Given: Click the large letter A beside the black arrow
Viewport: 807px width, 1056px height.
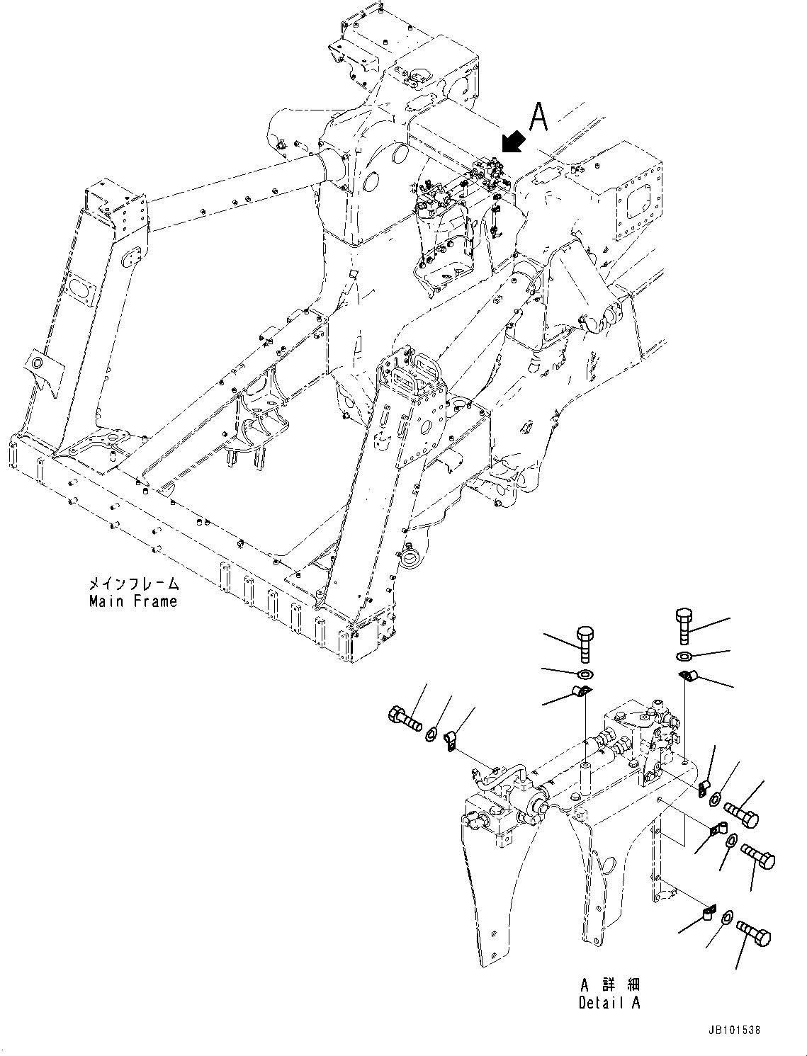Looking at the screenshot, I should (539, 118).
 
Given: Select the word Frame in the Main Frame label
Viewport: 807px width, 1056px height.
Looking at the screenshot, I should (156, 601).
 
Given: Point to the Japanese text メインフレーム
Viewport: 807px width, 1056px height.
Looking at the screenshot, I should (133, 584).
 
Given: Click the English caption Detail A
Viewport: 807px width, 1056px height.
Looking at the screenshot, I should (609, 1003).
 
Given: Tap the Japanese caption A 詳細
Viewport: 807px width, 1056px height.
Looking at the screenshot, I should (609, 985).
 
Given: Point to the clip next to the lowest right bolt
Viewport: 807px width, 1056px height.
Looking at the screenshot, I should (708, 912).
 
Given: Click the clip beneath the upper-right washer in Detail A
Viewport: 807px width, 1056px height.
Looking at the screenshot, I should (687, 676).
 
